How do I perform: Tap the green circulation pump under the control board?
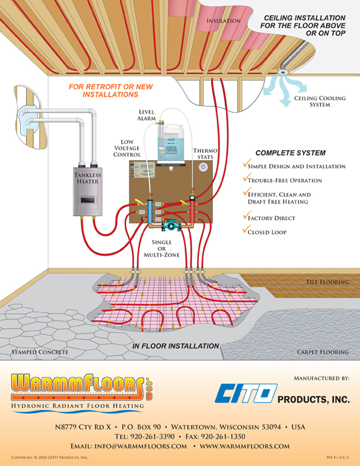[171, 225]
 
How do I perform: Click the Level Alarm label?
[147, 115]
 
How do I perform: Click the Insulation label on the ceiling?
[224, 21]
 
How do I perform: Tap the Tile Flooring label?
[327, 282]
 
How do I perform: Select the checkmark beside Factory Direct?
[245, 217]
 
